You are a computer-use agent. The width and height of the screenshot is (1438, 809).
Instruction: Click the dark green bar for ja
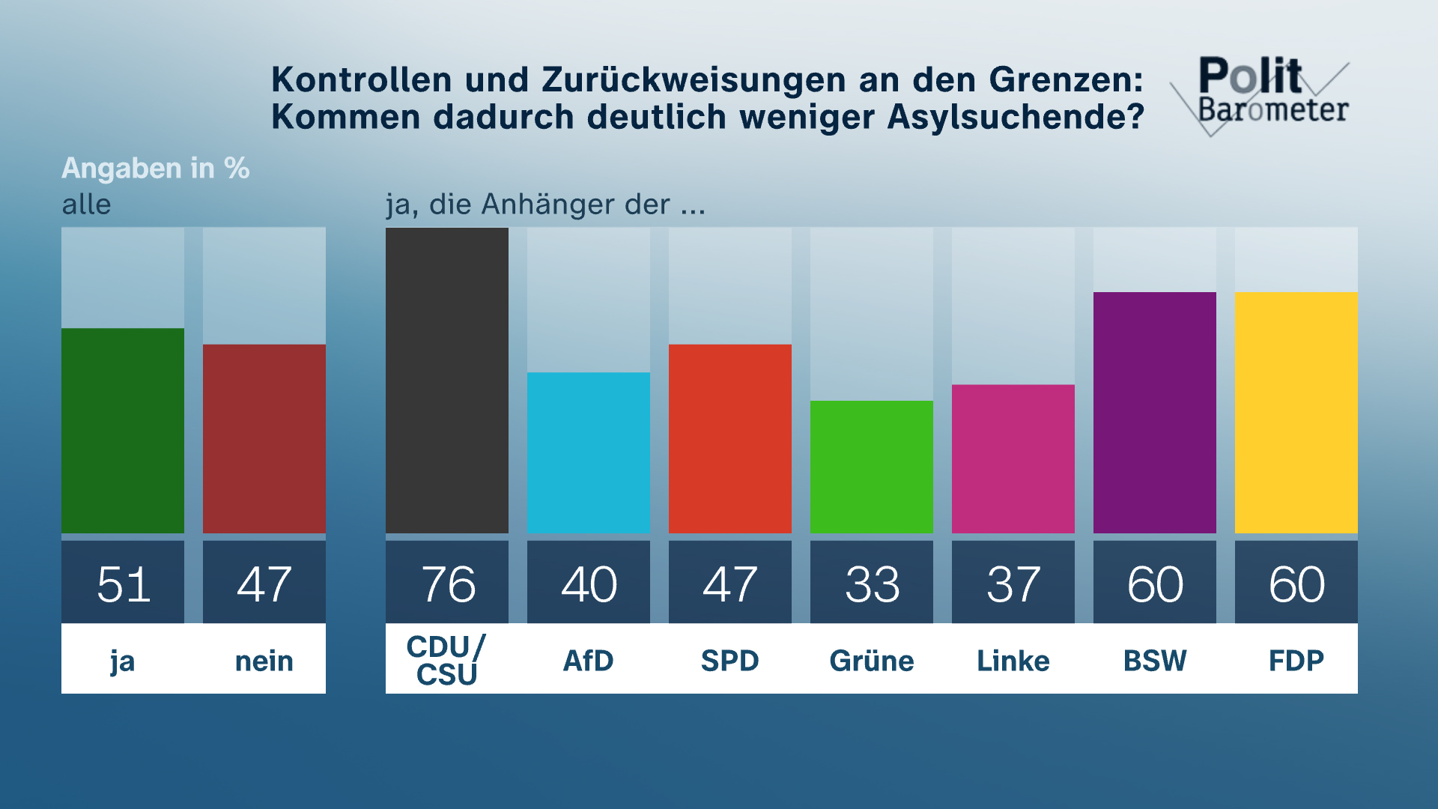tap(123, 431)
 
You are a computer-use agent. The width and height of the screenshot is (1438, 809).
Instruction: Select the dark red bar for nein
tap(264, 439)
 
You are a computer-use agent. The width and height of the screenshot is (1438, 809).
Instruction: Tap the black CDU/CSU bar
tap(447, 381)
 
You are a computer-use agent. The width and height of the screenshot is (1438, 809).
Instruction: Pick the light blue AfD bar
tap(589, 452)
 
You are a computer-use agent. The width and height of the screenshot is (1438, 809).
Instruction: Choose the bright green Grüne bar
tap(872, 467)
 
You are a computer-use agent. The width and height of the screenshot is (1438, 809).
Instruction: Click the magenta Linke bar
tap(1013, 458)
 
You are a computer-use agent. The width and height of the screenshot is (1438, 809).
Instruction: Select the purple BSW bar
tap(1155, 413)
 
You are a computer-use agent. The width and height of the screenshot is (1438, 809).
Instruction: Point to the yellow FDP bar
tap(1296, 413)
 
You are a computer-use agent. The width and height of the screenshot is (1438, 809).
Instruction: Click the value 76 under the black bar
tap(448, 584)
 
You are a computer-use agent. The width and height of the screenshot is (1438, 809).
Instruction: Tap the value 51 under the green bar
tap(124, 584)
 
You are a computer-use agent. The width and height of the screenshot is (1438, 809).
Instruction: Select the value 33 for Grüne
tap(873, 584)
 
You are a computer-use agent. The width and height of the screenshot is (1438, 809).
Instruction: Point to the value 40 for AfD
tap(589, 584)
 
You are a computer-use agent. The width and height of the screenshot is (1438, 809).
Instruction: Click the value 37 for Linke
tap(1013, 584)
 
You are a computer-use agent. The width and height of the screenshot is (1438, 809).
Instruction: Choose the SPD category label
tap(730, 661)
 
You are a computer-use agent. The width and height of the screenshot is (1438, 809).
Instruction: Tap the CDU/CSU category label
tap(446, 660)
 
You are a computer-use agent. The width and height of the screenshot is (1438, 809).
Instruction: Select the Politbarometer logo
tap(1266, 94)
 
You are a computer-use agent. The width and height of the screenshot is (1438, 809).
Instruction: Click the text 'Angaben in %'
tap(156, 169)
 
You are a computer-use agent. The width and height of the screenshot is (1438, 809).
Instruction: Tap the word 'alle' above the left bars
tap(86, 204)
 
